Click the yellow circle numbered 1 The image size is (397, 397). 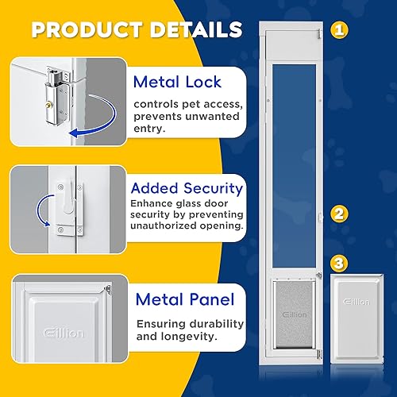[340, 31]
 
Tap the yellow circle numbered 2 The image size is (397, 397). [340, 214]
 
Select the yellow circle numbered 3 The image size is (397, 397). [340, 261]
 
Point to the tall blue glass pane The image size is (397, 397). [295, 151]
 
